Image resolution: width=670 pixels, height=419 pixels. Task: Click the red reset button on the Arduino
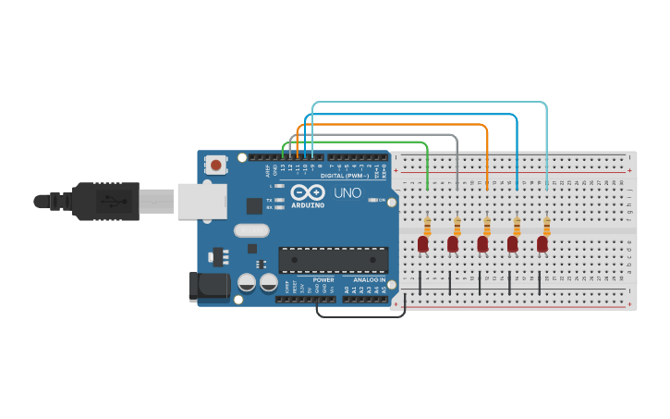click(x=216, y=166)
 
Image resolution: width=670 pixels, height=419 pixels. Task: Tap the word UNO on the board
click(x=347, y=193)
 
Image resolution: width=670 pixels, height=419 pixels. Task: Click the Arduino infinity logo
click(x=307, y=193)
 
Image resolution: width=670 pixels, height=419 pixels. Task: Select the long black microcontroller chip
click(x=333, y=260)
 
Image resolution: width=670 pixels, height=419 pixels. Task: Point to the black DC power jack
click(x=208, y=286)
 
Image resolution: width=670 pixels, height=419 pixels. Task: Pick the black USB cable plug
click(x=111, y=201)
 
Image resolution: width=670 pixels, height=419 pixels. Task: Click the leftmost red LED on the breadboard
click(x=423, y=243)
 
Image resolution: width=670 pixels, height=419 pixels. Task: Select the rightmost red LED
click(x=542, y=243)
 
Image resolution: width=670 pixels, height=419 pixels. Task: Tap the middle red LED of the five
click(x=482, y=243)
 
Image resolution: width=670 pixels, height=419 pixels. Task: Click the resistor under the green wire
click(x=427, y=226)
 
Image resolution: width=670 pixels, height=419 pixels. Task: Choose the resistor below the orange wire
click(x=487, y=226)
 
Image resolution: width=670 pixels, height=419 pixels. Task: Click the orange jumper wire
click(x=397, y=124)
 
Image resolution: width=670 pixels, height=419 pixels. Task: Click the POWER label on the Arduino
click(x=323, y=279)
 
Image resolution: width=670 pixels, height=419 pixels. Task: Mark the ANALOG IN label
click(x=369, y=279)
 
